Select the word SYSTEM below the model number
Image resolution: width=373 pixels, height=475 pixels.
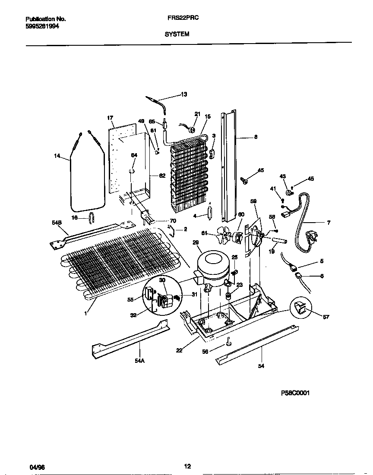[x=177, y=34]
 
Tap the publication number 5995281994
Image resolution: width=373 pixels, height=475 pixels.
[x=42, y=26]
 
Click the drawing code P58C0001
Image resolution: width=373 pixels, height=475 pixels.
[x=295, y=393]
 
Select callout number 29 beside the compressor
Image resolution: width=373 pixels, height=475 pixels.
[x=195, y=243]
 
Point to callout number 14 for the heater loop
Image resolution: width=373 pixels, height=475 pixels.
[x=57, y=156]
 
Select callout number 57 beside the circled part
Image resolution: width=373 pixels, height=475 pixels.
[x=326, y=317]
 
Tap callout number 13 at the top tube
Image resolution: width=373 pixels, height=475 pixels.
[x=184, y=94]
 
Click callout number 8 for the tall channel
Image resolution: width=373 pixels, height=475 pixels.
[x=256, y=138]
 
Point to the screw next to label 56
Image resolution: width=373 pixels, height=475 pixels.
[x=228, y=343]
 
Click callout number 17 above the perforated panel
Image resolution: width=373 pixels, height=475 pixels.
[x=110, y=117]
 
